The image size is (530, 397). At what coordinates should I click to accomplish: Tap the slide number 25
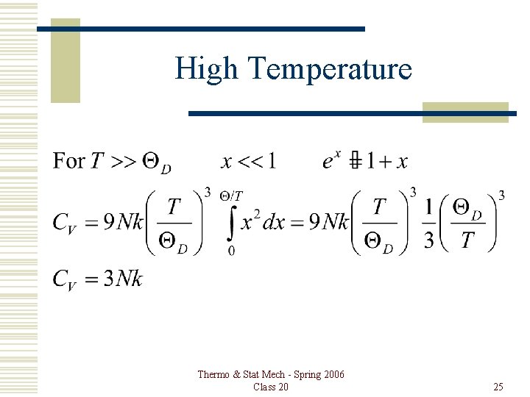pos(498,387)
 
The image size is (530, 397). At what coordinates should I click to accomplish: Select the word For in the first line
pos(68,160)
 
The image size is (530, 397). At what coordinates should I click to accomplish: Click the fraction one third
pos(428,223)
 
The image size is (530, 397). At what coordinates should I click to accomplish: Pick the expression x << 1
pos(248,160)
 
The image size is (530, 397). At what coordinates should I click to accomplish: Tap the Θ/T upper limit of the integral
pos(233,196)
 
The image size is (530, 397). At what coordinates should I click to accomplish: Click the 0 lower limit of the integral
pos(232,251)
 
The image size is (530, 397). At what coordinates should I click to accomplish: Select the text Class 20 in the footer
pos(270,387)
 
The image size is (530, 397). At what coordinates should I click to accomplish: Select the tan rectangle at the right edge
pos(465,112)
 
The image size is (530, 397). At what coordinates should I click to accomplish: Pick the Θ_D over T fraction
pos(467,223)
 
